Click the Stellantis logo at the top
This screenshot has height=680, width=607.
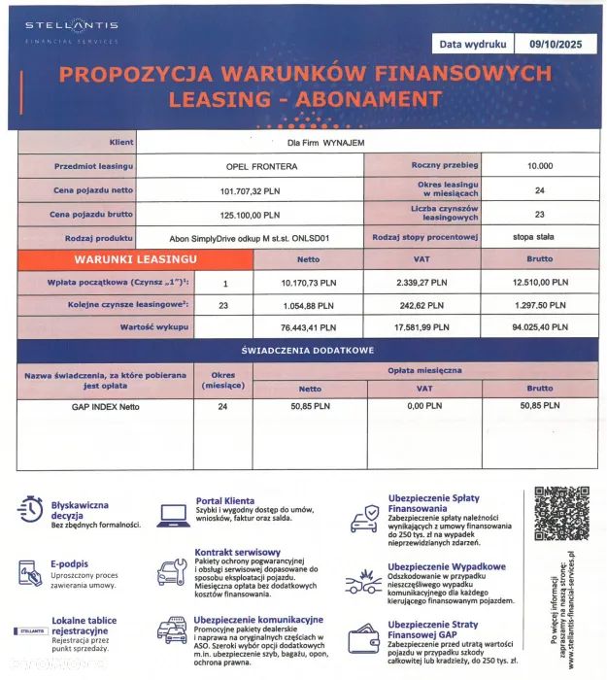coord(72,30)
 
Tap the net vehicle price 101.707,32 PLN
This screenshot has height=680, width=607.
coord(249,190)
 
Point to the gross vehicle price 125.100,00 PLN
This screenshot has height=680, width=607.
coord(249,215)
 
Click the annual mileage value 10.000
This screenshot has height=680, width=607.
coord(540,167)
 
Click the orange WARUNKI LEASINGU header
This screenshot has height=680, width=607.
coord(135,259)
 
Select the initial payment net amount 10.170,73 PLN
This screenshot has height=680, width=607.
coord(308,283)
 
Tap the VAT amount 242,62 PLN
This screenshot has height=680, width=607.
coord(422,305)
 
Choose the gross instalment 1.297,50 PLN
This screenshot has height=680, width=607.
coord(540,305)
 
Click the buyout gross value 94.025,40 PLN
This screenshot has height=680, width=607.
coord(540,328)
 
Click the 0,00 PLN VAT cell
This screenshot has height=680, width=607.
coord(422,406)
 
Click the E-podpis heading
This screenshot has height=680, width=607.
coord(69,563)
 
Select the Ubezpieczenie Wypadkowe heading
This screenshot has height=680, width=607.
coord(446,566)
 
